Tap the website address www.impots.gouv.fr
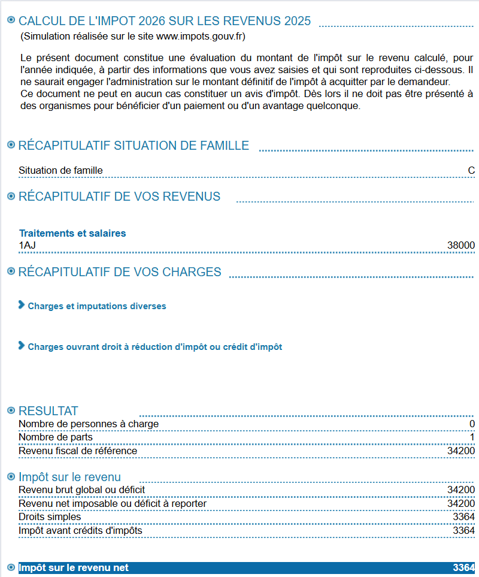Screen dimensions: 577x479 coord(200,37)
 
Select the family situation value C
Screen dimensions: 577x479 coord(471,171)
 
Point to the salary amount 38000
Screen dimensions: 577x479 coord(461,245)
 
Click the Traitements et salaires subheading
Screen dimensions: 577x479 coord(72,233)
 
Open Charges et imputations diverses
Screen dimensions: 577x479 coord(96,306)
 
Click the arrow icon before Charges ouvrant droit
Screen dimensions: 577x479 coord(22,346)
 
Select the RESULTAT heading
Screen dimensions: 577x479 coord(48,411)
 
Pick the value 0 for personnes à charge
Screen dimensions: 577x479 coord(472,424)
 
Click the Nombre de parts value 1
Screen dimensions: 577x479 coord(472,437)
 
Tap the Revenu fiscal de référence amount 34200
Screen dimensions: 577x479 coord(461,451)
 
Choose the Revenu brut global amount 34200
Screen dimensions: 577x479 coord(461,490)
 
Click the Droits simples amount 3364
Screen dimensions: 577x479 coord(464,517)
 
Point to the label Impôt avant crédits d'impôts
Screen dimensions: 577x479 coord(80,530)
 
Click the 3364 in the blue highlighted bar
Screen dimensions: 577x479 coord(464,567)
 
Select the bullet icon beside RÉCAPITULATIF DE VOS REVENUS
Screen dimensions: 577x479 coord(11,196)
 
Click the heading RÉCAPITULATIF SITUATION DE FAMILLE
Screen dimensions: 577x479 coord(134,146)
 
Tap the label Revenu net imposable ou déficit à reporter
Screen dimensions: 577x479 coord(113,503)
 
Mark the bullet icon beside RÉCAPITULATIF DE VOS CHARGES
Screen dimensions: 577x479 coord(11,271)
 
